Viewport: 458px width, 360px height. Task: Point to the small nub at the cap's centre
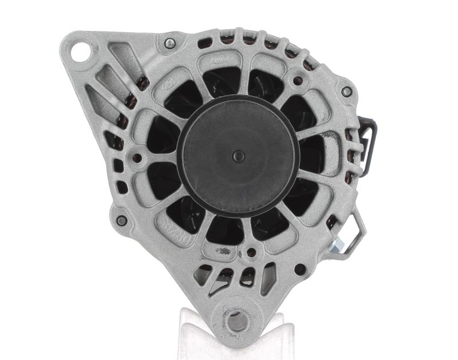[x=239, y=156]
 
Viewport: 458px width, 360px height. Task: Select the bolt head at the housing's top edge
[x=169, y=43]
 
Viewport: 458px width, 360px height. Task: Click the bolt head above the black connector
[x=346, y=92]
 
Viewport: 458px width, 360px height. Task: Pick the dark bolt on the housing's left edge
[x=121, y=220]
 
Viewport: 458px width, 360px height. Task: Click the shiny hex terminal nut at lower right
[x=337, y=244]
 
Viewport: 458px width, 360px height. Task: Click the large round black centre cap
[x=238, y=156]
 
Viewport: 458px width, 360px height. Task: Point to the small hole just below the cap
[x=251, y=252]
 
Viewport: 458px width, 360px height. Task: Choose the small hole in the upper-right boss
[x=298, y=81]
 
